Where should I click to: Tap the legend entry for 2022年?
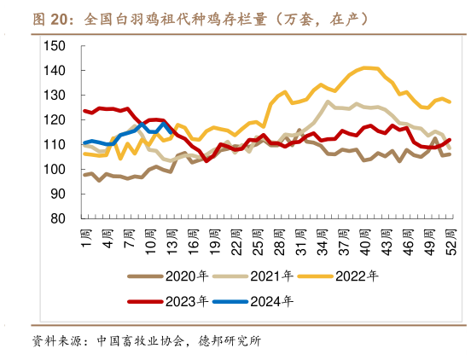click(x=357, y=276)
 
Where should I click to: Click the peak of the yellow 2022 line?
click(x=367, y=67)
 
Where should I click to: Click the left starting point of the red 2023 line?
click(x=84, y=110)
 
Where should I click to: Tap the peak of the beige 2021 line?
click(x=329, y=102)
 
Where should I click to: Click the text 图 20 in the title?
click(x=52, y=19)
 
